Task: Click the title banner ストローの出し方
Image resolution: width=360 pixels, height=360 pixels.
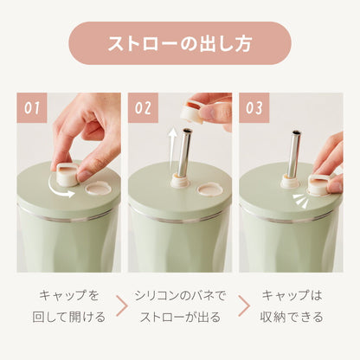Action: (179, 43)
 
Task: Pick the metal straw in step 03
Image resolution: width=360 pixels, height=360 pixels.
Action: (293, 156)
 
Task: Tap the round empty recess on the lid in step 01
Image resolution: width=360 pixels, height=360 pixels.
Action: (98, 186)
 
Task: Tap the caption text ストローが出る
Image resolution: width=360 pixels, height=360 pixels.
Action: (178, 317)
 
